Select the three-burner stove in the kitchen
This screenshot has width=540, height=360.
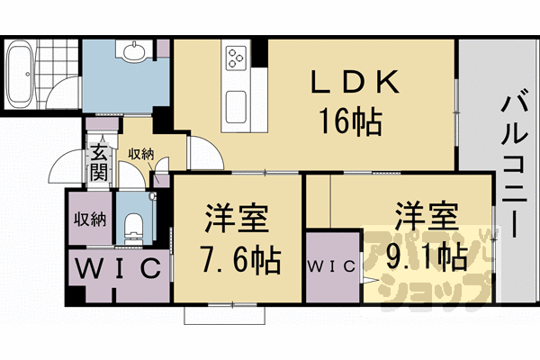235,58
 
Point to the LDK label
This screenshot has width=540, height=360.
355,84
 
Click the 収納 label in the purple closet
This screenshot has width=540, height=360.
91,219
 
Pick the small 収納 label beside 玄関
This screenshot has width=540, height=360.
140,154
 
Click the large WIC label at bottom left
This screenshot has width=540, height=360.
119,268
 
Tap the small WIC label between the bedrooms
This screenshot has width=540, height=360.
333,267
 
